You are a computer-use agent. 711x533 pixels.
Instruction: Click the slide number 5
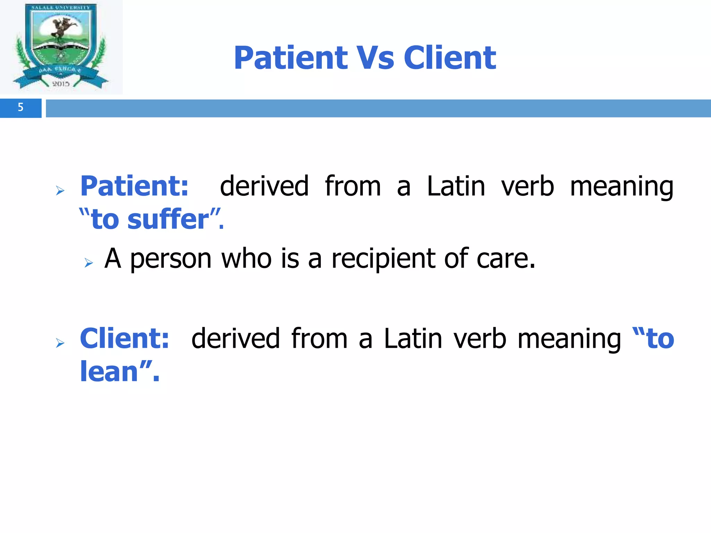pos(20,107)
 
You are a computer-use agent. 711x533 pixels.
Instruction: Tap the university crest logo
pos(61,47)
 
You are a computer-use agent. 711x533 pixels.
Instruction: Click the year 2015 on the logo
pos(61,84)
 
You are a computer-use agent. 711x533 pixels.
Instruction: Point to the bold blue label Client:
pos(125,338)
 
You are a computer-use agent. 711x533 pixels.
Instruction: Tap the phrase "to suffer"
pos(151,219)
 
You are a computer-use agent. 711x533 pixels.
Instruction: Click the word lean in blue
pos(109,372)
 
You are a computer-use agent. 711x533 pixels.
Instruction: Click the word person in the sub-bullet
pos(171,259)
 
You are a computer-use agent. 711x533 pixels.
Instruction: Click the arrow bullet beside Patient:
pos(60,191)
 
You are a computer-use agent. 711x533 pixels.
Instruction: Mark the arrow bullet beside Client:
pos(60,343)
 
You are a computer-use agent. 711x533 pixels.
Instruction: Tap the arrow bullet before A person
pos(89,263)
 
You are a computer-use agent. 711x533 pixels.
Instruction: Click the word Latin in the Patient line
pos(456,186)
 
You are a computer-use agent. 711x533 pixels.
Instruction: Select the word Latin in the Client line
pos(413,338)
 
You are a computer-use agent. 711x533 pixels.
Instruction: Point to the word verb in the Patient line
pos(527,186)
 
